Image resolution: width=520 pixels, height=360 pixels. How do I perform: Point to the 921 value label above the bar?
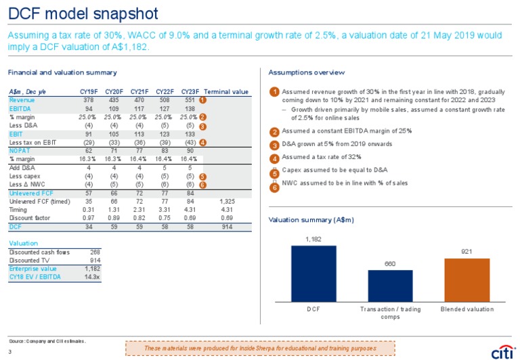point(467,252)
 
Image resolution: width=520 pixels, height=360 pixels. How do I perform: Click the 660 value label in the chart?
point(390,264)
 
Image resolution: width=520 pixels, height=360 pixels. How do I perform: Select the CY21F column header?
point(139,91)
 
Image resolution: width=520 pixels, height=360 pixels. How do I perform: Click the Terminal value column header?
point(226,91)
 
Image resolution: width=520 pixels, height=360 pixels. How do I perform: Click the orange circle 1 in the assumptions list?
point(274,91)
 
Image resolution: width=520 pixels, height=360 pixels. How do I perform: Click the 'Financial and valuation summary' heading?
point(62,72)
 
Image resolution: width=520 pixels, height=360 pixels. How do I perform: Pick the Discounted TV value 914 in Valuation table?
point(95,261)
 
